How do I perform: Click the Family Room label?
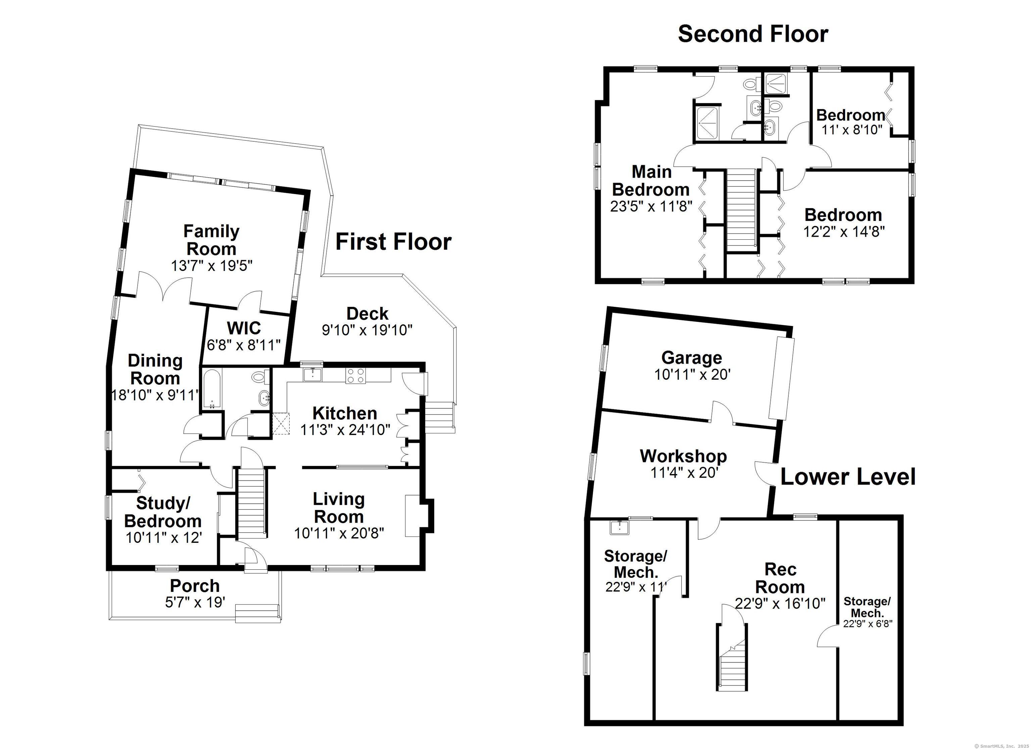click(211, 240)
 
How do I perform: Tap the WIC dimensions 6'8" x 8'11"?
click(244, 345)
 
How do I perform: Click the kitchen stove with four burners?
click(355, 376)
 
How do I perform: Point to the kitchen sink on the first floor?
click(313, 374)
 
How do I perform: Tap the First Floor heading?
click(393, 241)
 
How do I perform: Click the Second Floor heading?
click(753, 34)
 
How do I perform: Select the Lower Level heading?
click(848, 477)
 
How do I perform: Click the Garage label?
click(691, 358)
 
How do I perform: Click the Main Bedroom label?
click(651, 181)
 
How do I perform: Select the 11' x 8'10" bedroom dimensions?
click(851, 130)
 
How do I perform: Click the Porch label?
click(195, 585)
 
